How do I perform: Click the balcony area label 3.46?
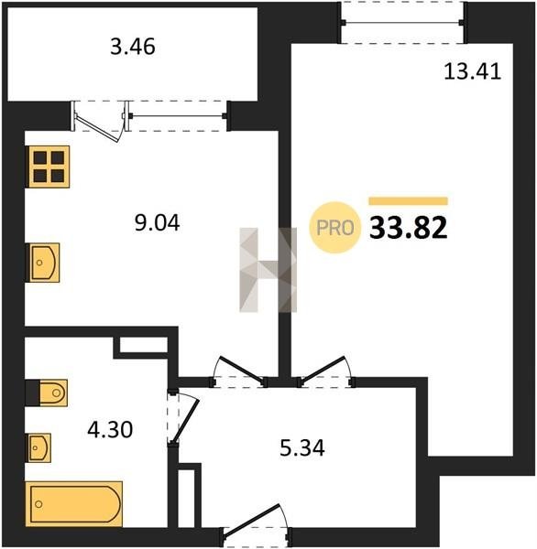point(133,47)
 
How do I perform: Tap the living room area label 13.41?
point(473,71)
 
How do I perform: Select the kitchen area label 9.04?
point(157,222)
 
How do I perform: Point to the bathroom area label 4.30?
point(110,430)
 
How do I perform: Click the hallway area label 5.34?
point(302,447)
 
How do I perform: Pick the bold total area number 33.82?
point(409,228)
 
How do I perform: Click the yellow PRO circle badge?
point(335,228)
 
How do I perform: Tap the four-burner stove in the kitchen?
point(48,167)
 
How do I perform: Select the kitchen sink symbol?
point(43,263)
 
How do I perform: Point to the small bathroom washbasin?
point(38,447)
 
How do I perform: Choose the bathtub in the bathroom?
point(74,504)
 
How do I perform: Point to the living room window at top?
point(402,22)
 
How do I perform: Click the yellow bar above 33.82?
point(409,201)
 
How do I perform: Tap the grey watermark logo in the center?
point(268,270)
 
